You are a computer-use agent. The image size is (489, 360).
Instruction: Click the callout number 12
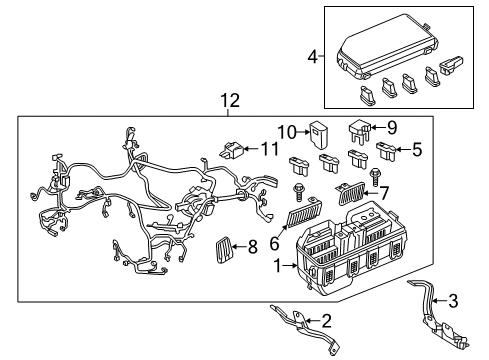click(x=231, y=101)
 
